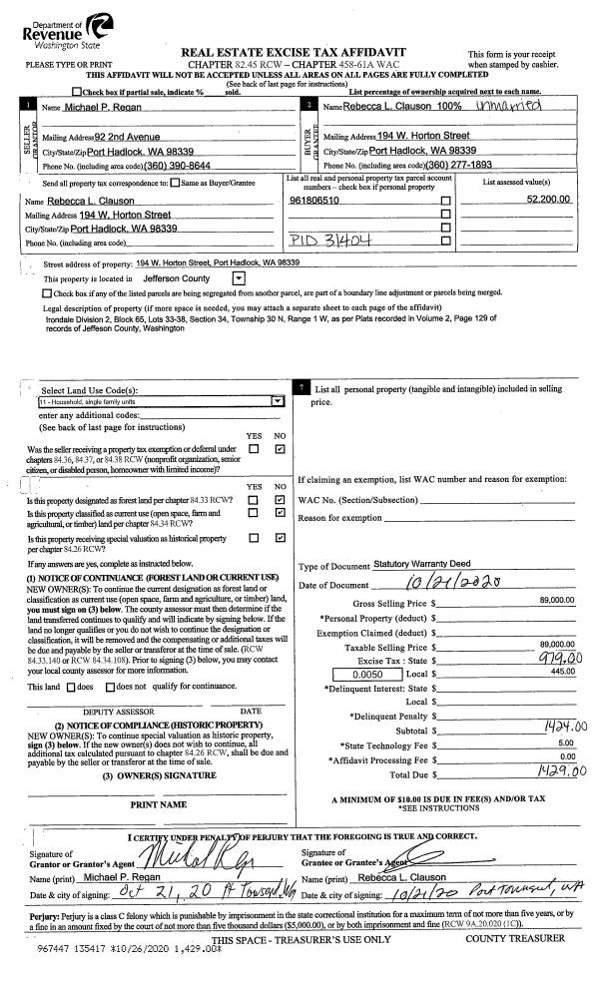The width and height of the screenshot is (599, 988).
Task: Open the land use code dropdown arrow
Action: pos(278,400)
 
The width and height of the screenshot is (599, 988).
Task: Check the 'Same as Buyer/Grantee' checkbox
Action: pos(176,182)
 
